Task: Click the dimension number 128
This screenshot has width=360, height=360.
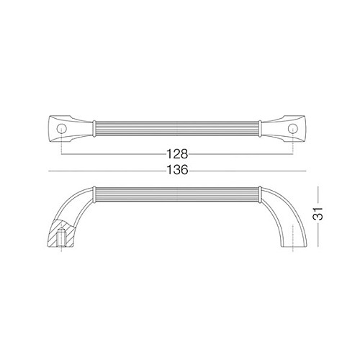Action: pos(177,154)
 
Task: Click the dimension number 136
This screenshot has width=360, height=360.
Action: pos(177,170)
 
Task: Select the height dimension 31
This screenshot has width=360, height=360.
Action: pos(318,214)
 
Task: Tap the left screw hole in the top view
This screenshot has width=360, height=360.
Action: pos(61,129)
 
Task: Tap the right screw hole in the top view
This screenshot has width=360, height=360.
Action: pos(293,129)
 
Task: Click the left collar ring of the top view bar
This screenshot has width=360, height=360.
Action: pos(94,129)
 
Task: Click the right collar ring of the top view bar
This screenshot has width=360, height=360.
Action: pos(260,129)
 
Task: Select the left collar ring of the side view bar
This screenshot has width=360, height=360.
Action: pos(94,194)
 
